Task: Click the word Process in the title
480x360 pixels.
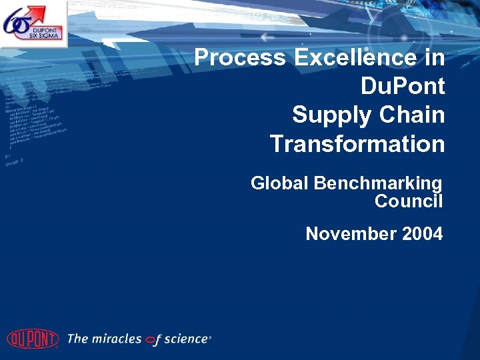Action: click(x=239, y=58)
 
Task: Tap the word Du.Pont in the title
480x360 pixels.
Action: click(x=402, y=87)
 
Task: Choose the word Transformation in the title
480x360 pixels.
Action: click(x=357, y=144)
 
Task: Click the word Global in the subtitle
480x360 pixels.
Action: click(x=279, y=183)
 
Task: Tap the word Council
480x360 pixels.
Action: click(x=408, y=201)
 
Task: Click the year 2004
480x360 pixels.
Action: click(x=420, y=234)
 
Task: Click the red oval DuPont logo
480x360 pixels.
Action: click(x=32, y=339)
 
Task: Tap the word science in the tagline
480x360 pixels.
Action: click(x=186, y=339)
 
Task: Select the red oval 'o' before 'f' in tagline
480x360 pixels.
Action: click(x=153, y=340)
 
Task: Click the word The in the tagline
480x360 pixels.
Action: click(x=77, y=339)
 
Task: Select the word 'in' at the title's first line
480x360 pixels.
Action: click(x=434, y=58)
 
